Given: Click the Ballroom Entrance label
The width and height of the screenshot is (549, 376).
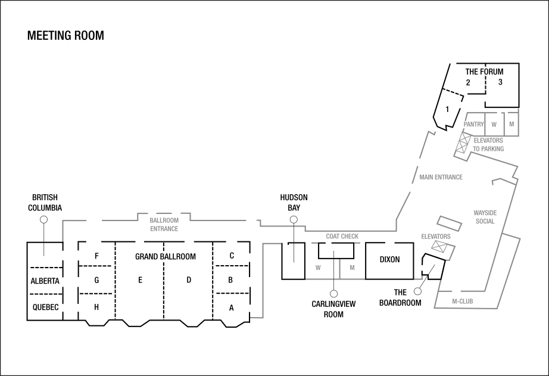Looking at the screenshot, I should coord(164,225).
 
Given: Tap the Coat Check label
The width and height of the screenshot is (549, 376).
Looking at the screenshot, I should coord(342,237).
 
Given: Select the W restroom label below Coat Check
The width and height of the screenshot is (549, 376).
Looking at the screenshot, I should coord(318,268).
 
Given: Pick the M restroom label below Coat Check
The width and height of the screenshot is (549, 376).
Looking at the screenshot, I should coord(352,268).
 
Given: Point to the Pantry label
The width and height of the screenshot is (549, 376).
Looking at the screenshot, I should coord(474,125).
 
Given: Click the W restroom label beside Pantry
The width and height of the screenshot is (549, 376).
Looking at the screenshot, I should coord(494,125).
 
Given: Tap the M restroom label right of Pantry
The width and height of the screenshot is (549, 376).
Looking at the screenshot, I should coord(511,125).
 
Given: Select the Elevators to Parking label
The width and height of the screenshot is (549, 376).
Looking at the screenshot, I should coord(488,145).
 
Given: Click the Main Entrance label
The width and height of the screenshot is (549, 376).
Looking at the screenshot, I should coord(441,178).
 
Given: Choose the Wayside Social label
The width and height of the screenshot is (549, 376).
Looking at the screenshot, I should coord(485,217).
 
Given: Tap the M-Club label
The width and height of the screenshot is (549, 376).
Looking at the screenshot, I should coord(462,302).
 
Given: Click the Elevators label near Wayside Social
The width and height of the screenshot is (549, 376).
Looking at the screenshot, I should coord(436,237).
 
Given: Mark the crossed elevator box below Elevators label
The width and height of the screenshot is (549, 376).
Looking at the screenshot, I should coord(440,246).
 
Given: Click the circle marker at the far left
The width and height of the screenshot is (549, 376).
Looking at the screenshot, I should coord(43,220).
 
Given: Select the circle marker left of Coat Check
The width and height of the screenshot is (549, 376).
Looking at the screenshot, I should coord(294,220).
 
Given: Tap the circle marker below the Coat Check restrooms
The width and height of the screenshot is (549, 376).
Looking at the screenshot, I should coord(334,294).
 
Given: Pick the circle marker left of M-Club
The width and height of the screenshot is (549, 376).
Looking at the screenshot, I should coord(417,291).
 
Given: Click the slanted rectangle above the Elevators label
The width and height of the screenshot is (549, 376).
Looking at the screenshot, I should coord(449,223).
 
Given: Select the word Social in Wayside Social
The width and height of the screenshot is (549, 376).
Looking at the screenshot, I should coord(485,222).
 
